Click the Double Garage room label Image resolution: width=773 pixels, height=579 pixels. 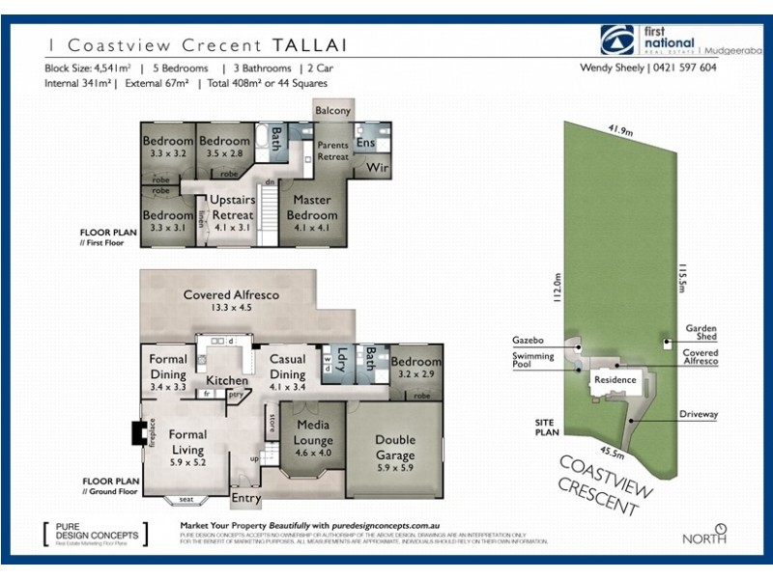click(x=394, y=449)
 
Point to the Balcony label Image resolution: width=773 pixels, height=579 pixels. click(x=333, y=111)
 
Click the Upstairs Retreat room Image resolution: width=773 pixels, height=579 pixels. click(x=232, y=207)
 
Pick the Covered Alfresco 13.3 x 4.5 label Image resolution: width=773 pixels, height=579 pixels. click(x=233, y=300)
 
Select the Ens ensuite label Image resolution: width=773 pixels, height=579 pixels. click(x=365, y=143)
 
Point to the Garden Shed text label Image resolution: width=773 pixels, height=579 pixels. click(x=701, y=332)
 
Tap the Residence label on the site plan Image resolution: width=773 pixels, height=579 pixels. click(x=615, y=379)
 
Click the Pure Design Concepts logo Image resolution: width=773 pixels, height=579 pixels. click(x=93, y=532)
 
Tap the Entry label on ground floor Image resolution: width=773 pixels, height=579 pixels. click(x=245, y=498)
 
